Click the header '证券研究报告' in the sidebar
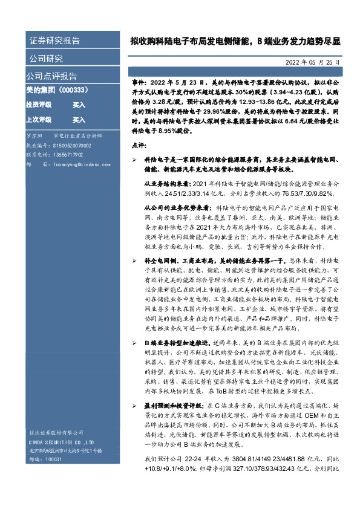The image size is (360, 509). (54, 41)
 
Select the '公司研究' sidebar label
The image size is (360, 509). (46, 59)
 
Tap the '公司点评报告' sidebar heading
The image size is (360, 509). (51, 76)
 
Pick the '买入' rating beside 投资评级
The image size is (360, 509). (79, 105)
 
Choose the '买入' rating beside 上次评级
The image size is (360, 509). (79, 120)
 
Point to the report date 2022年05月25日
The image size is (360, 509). (312, 62)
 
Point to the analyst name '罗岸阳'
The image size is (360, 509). (35, 137)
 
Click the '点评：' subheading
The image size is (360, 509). (139, 146)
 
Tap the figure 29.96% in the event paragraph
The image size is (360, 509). (201, 112)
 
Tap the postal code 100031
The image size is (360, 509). (54, 460)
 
